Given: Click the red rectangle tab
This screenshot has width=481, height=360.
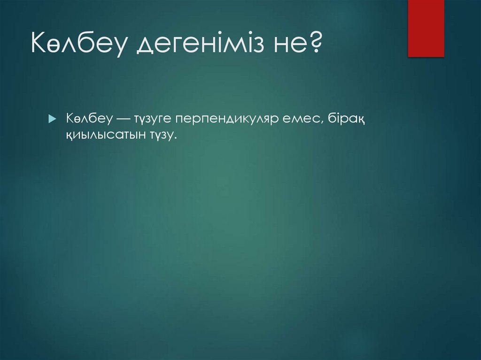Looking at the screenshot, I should [426, 28].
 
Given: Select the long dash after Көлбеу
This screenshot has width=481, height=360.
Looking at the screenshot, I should [124, 119].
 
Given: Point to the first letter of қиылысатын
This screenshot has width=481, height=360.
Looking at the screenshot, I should [70, 136].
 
